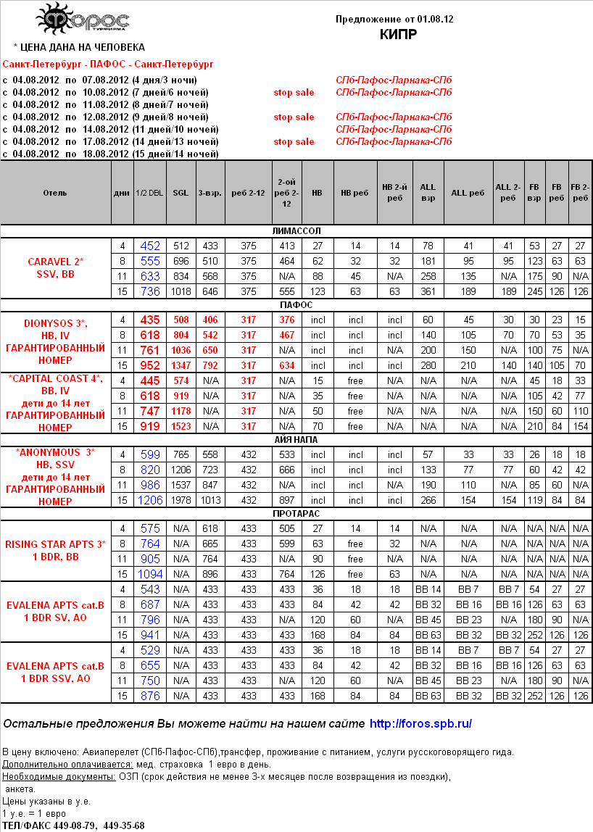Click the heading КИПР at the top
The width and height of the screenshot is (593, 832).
click(x=398, y=34)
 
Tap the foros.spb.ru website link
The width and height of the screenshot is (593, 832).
click(x=421, y=723)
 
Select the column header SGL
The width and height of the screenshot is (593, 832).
click(x=181, y=194)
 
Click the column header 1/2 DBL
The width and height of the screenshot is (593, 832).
click(x=149, y=194)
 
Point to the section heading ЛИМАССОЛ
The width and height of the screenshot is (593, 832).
click(x=296, y=230)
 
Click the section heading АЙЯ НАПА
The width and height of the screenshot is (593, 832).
click(x=296, y=439)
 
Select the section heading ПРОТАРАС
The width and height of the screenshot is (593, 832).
click(x=296, y=513)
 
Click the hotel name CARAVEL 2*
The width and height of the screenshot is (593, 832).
click(x=56, y=261)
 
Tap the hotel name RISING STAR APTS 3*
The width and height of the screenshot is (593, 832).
click(x=56, y=544)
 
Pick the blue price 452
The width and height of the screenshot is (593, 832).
click(x=150, y=246)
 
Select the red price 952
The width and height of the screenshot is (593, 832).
click(x=150, y=365)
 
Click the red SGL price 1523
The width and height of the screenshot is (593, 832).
click(x=181, y=427)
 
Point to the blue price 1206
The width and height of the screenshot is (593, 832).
click(x=150, y=501)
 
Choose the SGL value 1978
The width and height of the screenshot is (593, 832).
click(x=181, y=501)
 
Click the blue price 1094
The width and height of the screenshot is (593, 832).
click(x=150, y=574)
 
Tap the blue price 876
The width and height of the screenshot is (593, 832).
click(x=150, y=696)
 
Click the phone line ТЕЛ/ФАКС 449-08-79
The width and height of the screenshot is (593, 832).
click(x=74, y=825)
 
